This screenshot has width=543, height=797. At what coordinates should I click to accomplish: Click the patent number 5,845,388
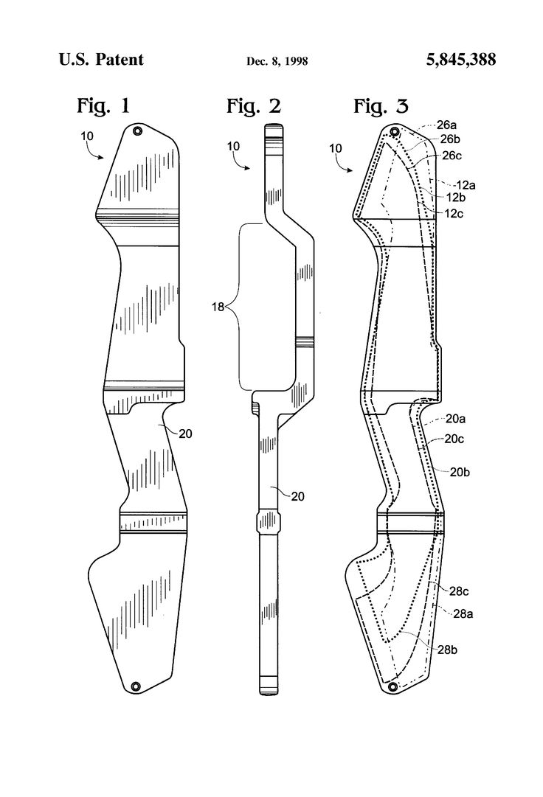pos(462,60)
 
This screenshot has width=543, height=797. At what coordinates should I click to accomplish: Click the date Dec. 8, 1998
pos(277,61)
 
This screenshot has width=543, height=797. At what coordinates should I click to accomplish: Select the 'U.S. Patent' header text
pos(101,60)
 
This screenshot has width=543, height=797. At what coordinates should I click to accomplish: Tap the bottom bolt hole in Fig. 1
pos(136,686)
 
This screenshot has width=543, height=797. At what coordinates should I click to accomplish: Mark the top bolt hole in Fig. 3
pos(394,131)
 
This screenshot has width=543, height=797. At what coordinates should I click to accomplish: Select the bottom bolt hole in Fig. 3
pos(392,686)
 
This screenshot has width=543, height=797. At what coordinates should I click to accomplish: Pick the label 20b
pos(460,471)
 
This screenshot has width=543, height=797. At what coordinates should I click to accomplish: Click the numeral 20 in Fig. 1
pos(185,434)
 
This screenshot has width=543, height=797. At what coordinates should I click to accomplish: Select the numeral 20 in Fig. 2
pos(276,497)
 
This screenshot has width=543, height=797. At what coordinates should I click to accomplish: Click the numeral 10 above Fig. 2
pos(233,146)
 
